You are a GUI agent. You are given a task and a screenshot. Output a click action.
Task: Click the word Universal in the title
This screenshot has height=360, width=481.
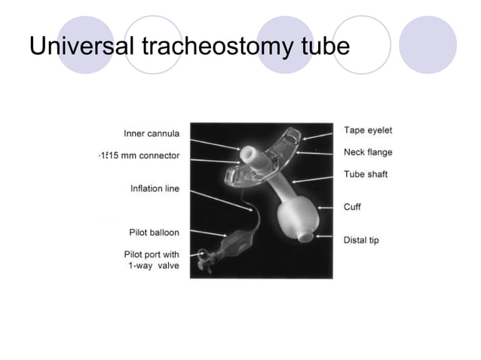point(82,47)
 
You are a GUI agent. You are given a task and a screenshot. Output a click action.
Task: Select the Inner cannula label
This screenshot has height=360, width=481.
point(152,134)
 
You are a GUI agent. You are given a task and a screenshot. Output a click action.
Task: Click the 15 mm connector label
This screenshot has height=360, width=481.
point(139,155)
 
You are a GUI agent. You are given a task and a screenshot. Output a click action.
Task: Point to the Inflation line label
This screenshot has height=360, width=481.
point(155,188)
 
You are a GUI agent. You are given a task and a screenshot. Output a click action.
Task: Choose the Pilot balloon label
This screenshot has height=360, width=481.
point(152,232)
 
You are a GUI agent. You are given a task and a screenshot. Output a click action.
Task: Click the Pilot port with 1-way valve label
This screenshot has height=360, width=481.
point(152,261)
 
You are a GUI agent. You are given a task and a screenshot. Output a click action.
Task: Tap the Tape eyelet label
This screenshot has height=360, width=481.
point(367,130)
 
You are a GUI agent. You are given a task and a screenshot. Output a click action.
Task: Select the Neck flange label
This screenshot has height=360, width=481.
point(367,152)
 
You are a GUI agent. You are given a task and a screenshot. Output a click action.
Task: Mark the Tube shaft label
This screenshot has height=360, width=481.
point(366,174)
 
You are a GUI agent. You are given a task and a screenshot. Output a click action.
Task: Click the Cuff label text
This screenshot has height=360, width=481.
point(352,206)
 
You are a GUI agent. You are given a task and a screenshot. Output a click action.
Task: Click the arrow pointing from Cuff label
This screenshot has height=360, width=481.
point(326,206)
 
